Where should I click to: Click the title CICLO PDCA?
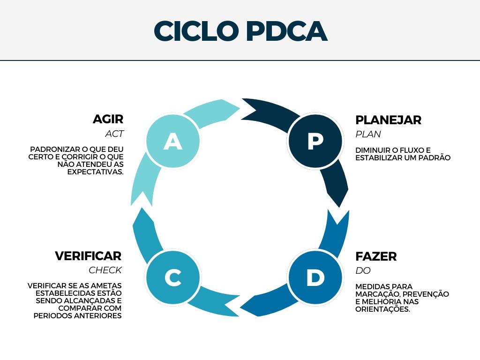coord(240,31)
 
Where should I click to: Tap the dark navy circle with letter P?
coord(315,141)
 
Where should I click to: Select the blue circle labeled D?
coord(315,277)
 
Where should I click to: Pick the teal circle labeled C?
coord(173,277)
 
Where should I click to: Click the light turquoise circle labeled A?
coord(173,141)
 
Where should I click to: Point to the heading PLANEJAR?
coord(388,120)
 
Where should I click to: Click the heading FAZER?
coord(376,256)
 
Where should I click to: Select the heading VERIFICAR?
coord(88,256)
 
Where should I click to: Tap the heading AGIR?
coord(108,119)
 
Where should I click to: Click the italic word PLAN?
coord(368,134)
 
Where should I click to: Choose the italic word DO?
coord(363,270)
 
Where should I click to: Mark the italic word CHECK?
coord(105,270)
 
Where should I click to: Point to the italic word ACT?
coord(114,134)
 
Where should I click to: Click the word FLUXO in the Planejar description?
coord(412,150)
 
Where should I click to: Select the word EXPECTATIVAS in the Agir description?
coord(96,172)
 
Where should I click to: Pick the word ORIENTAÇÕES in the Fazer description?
coord(382,309)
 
